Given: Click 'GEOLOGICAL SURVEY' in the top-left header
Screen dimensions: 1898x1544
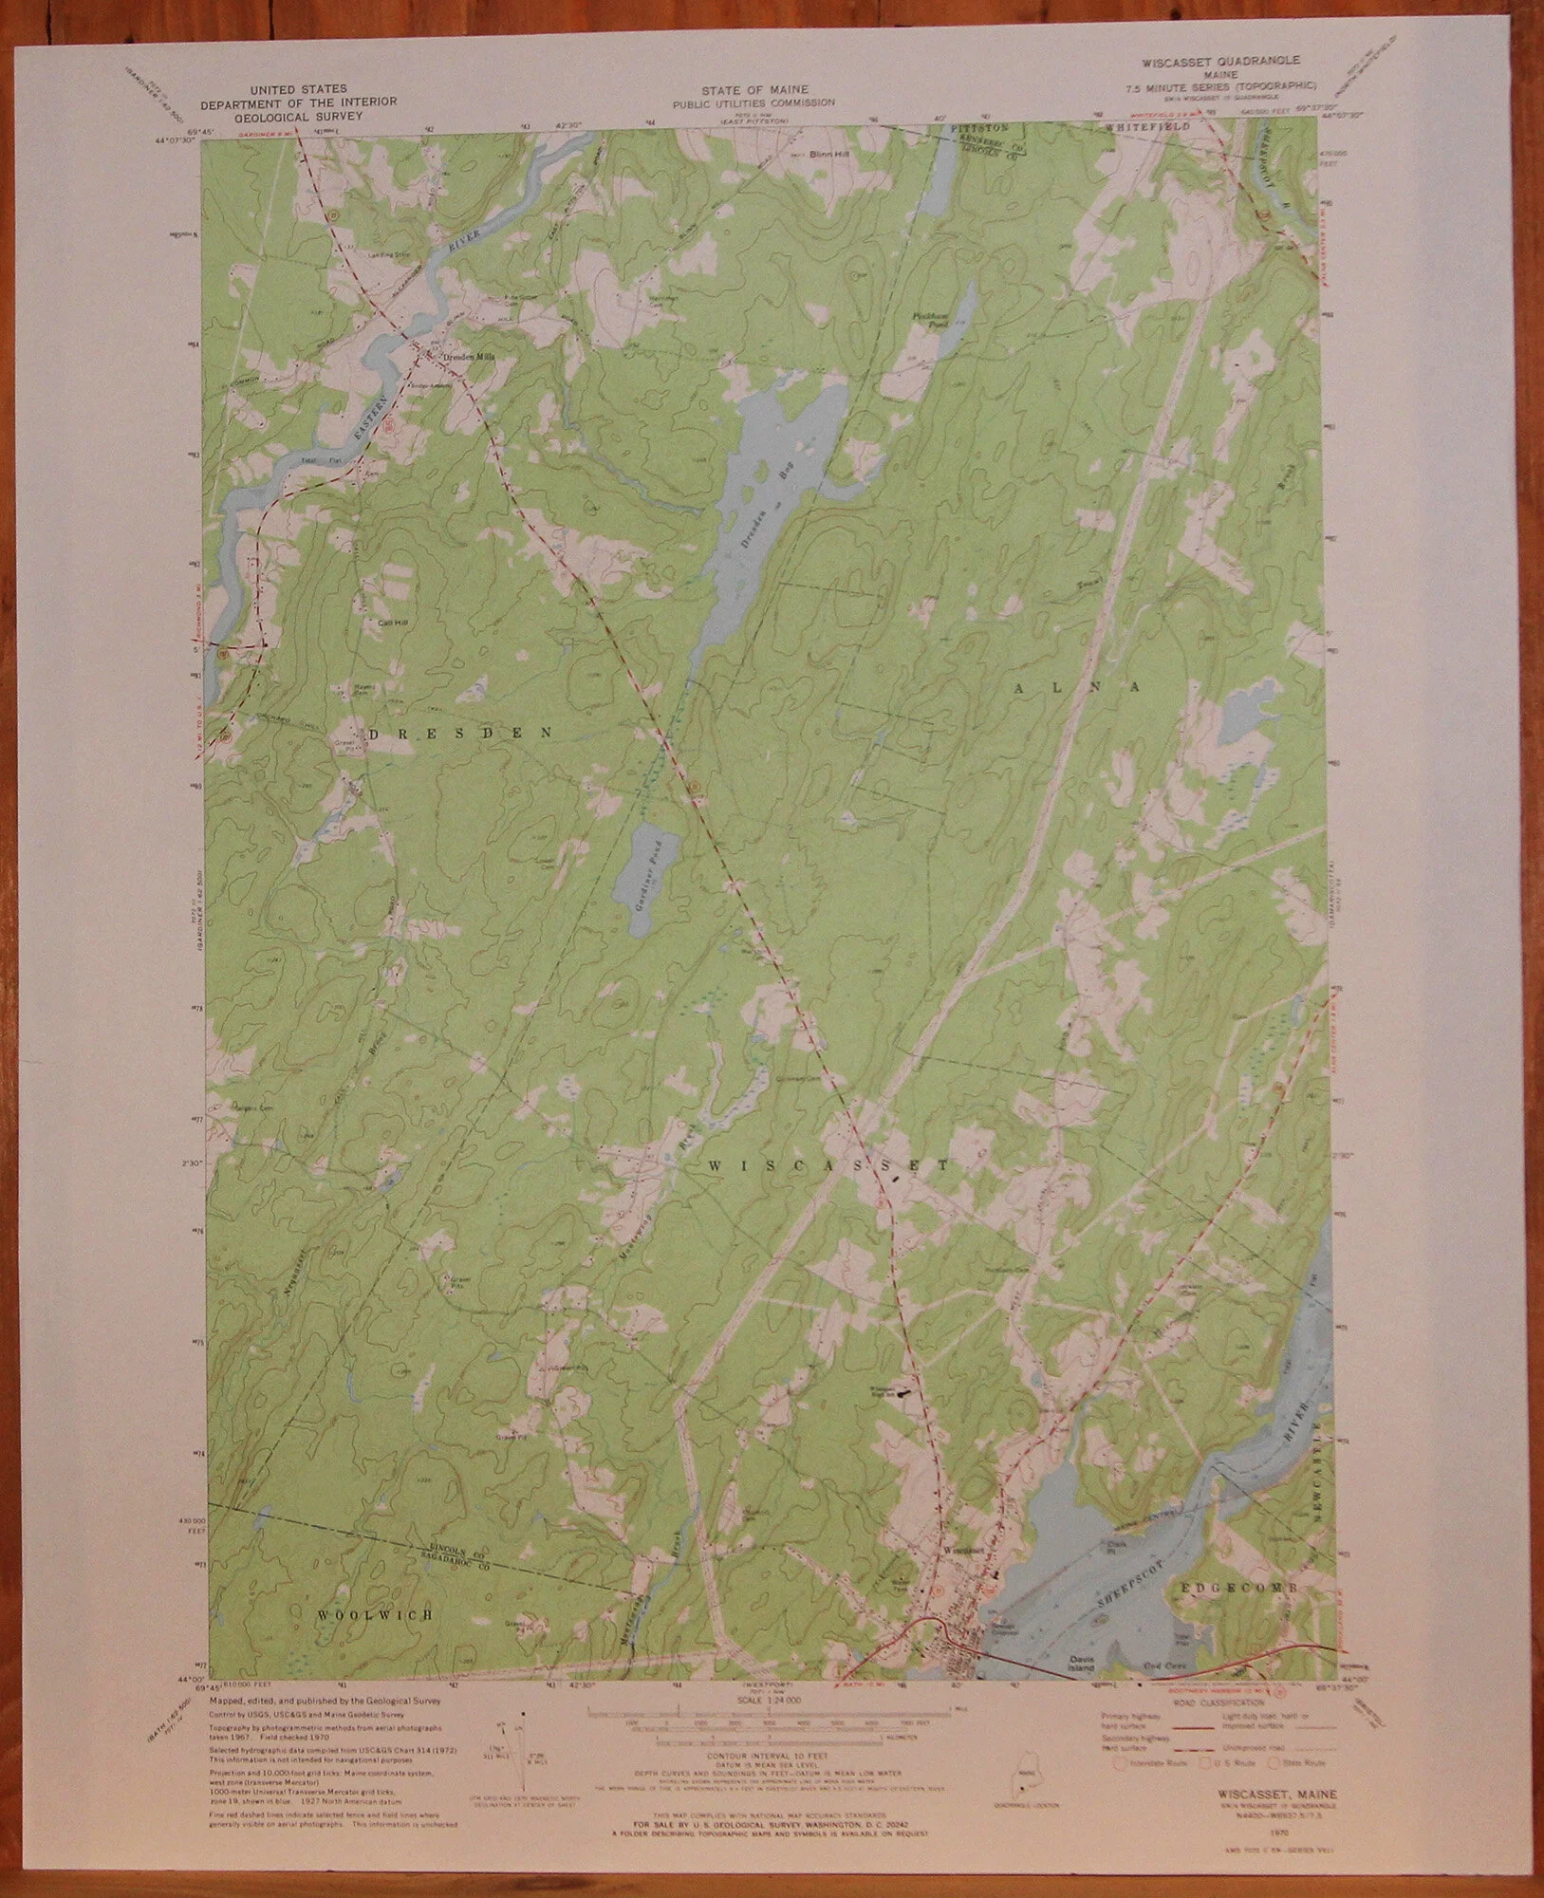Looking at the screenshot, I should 297,114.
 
